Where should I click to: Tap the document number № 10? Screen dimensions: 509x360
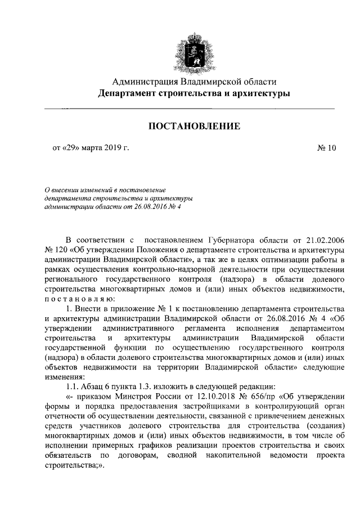pos(326,148)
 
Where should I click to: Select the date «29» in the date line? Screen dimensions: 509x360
pos(73,148)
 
